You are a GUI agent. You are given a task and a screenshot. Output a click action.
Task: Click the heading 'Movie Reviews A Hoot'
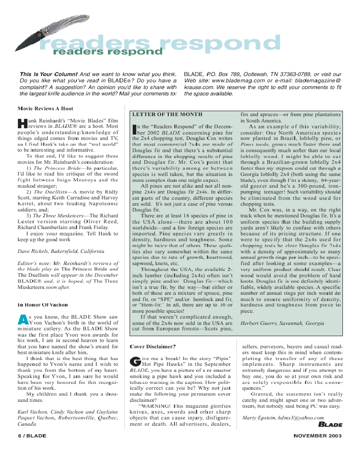click(x=45, y=108)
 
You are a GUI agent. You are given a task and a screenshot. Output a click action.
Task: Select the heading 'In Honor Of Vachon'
click(x=42, y=305)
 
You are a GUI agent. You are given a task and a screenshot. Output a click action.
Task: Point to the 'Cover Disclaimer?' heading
click(x=153, y=346)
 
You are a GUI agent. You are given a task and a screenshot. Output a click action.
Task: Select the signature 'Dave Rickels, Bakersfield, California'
click(x=61, y=251)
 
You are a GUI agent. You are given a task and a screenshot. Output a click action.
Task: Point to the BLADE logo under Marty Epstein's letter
click(x=330, y=424)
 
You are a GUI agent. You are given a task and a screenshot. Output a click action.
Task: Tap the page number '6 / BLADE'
click(x=31, y=436)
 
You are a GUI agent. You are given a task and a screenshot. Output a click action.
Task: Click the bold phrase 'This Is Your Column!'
click(x=49, y=74)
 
